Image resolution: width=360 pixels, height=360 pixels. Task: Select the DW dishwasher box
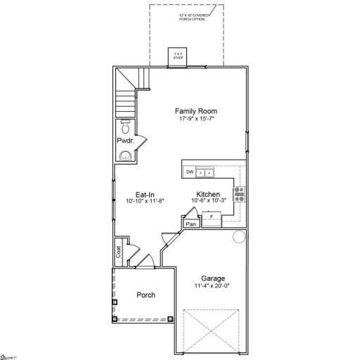click(x=189, y=172)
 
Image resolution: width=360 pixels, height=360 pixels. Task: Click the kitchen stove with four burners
click(x=239, y=195)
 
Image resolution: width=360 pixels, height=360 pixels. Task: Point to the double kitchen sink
click(x=205, y=172)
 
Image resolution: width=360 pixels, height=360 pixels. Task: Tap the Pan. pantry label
click(x=190, y=224)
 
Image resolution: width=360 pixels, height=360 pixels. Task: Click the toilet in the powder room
click(x=124, y=128)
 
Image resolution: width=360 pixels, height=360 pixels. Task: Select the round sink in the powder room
click(x=124, y=155)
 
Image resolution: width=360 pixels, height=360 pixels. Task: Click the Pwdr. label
click(x=125, y=141)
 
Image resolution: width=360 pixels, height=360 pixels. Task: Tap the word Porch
click(x=146, y=295)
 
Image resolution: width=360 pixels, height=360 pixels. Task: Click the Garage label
click(x=212, y=278)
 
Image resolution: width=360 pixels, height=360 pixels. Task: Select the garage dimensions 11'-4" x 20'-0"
click(x=212, y=286)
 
